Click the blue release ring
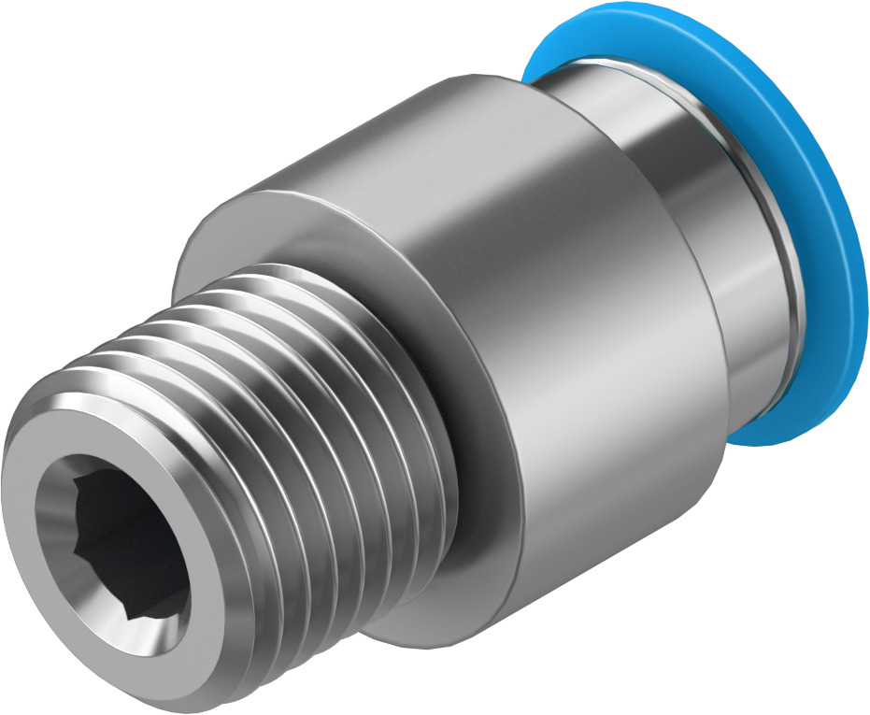tap(822, 234)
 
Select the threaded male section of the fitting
tap(280, 421)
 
